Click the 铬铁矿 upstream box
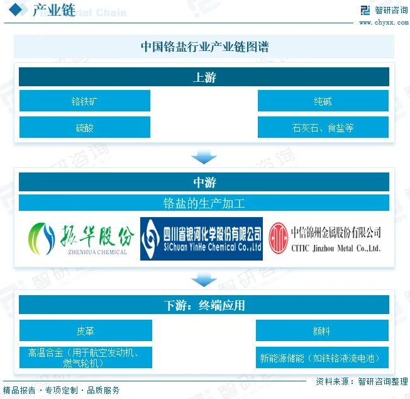pos(84,101)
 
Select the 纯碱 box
pos(323,101)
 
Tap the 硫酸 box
pos(84,128)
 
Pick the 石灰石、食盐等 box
pos(323,128)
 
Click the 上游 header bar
pos(204,77)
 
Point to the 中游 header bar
pos(204,183)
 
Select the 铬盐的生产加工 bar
pos(204,203)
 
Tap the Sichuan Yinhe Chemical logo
pos(201,239)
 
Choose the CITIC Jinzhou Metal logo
pos(325,239)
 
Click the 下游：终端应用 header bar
pos(204,306)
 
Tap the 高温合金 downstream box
pos(86,357)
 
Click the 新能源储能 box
pos(322,357)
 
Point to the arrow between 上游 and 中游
pos(204,156)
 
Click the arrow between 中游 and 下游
pos(204,279)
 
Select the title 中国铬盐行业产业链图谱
pos(204,47)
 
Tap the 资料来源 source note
pos(361,381)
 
